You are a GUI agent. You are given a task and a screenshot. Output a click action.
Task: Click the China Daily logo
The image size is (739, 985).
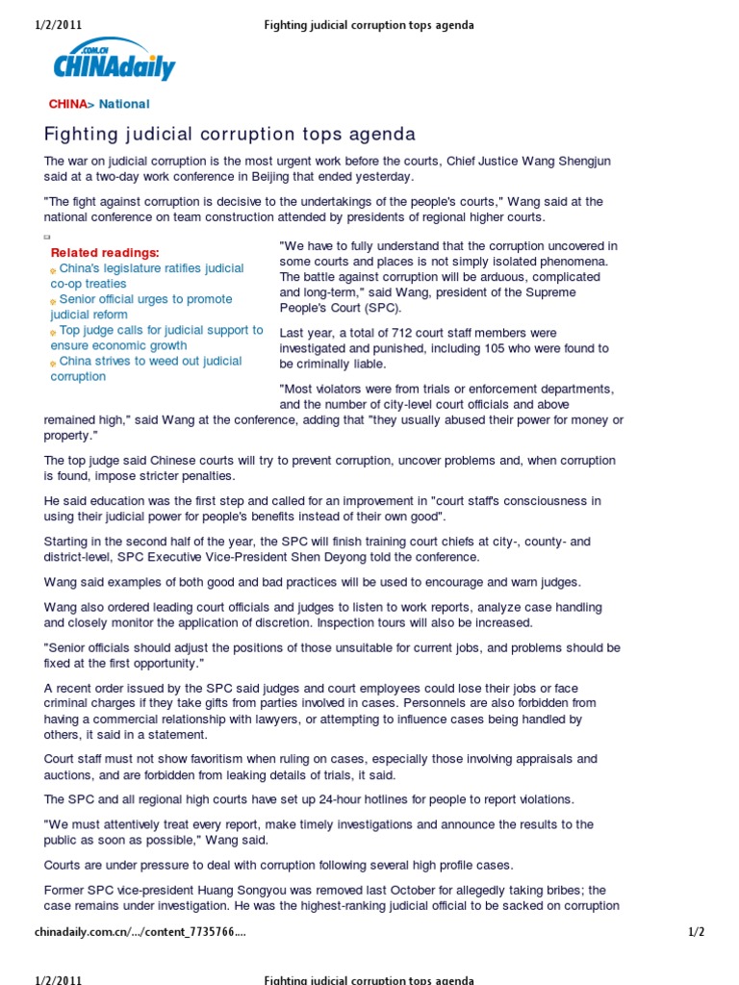[x=114, y=63]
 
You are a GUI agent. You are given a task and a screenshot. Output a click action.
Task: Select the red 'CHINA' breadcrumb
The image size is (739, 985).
[x=67, y=104]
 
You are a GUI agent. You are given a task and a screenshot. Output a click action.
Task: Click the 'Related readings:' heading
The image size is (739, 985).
[x=105, y=252]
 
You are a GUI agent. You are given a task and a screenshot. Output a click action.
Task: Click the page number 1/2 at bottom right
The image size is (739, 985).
[x=697, y=932]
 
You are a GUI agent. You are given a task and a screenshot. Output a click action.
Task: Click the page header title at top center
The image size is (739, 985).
[x=369, y=25]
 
